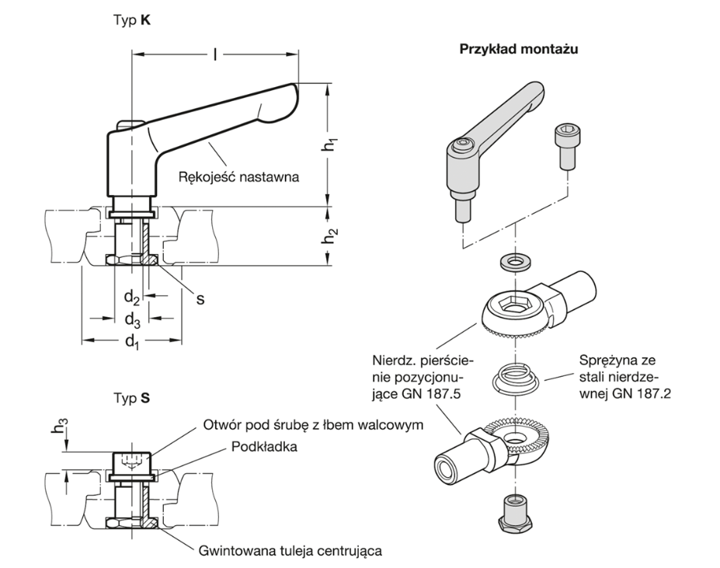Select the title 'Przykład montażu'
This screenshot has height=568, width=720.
pyautogui.click(x=521, y=48)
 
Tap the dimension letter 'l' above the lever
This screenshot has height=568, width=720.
pyautogui.click(x=214, y=54)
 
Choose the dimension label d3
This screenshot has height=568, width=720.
pyautogui.click(x=131, y=319)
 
